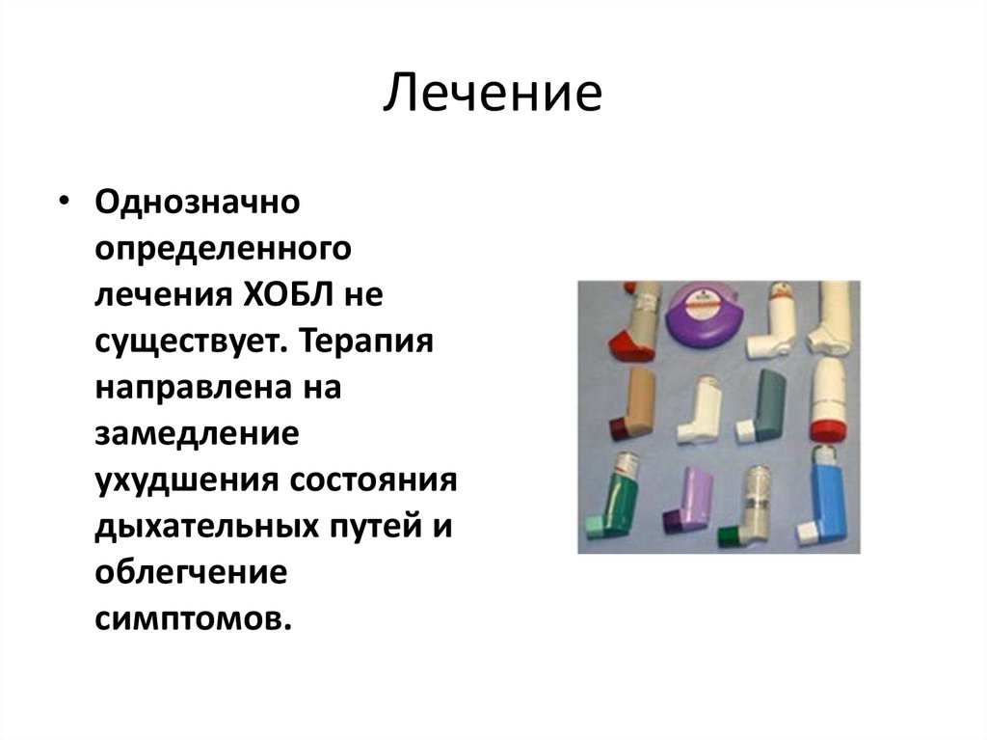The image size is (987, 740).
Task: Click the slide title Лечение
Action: point(493,97)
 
